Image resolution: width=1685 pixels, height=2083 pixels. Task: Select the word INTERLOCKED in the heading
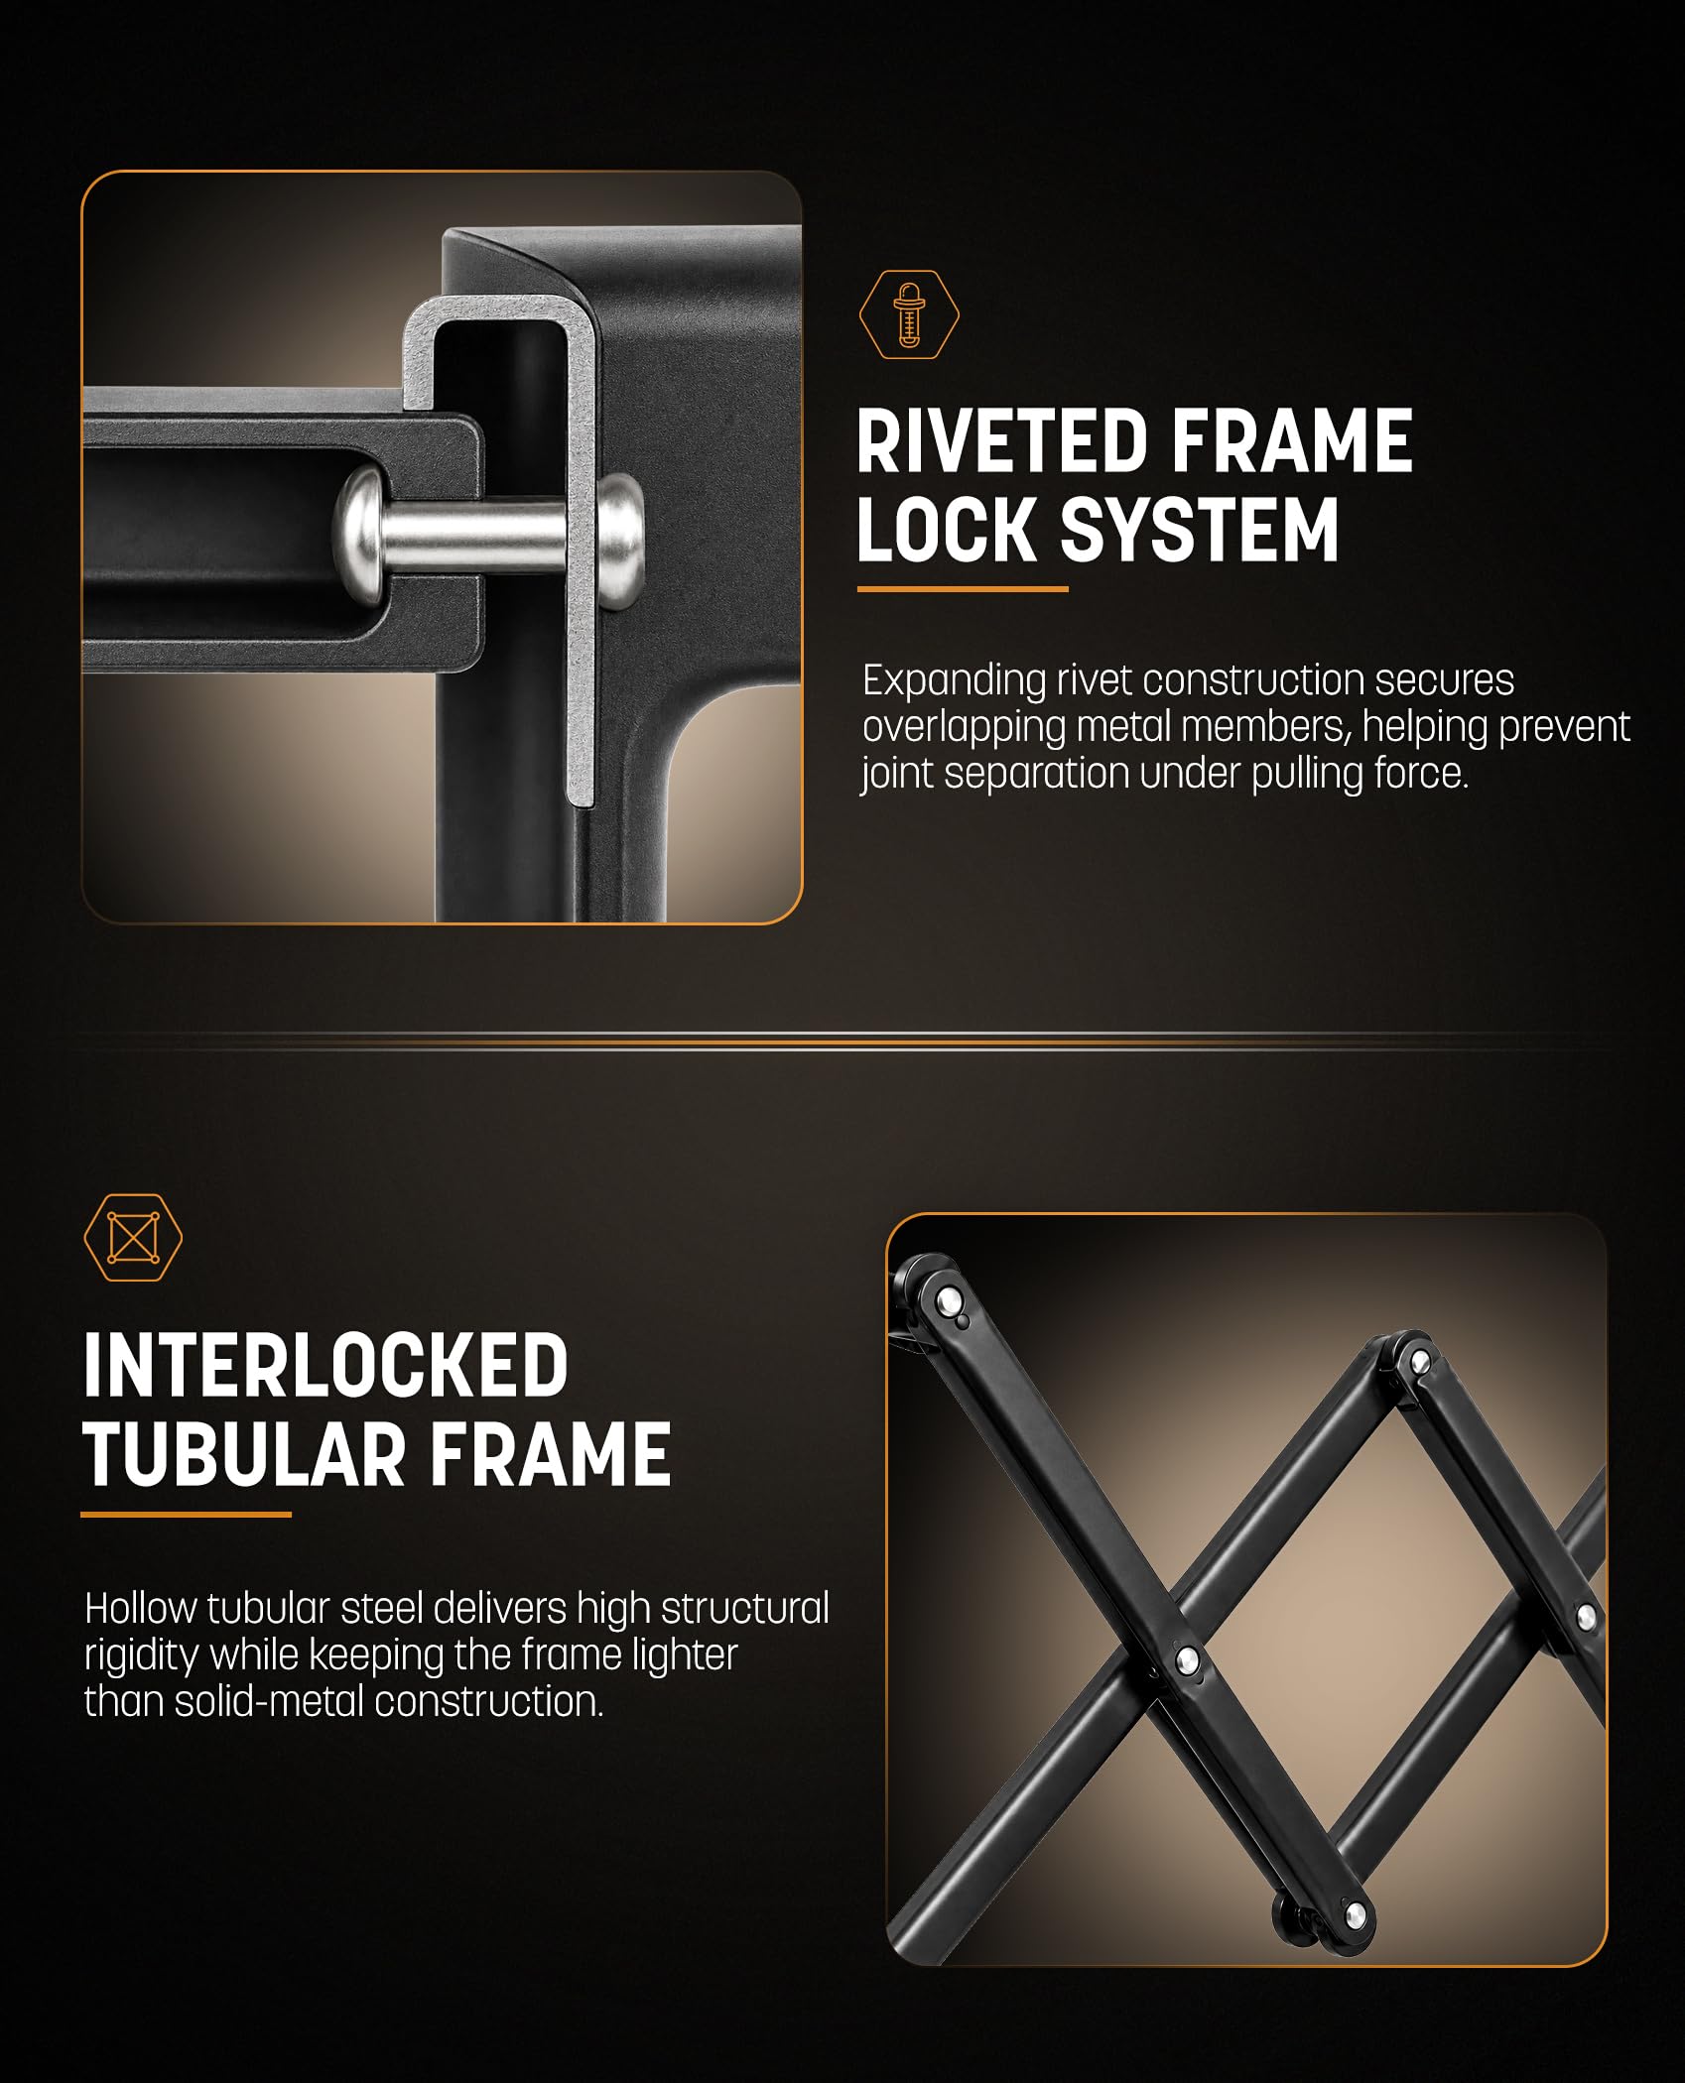click(x=325, y=1366)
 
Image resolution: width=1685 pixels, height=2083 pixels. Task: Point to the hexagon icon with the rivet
click(x=909, y=315)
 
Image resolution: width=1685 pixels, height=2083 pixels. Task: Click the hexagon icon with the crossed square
click(x=133, y=1237)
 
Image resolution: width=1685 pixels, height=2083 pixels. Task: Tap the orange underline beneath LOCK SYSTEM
click(x=963, y=589)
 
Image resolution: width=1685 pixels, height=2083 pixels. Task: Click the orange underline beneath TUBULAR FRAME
click(x=187, y=1515)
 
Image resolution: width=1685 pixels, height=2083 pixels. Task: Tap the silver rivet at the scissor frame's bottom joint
click(x=1354, y=1914)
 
